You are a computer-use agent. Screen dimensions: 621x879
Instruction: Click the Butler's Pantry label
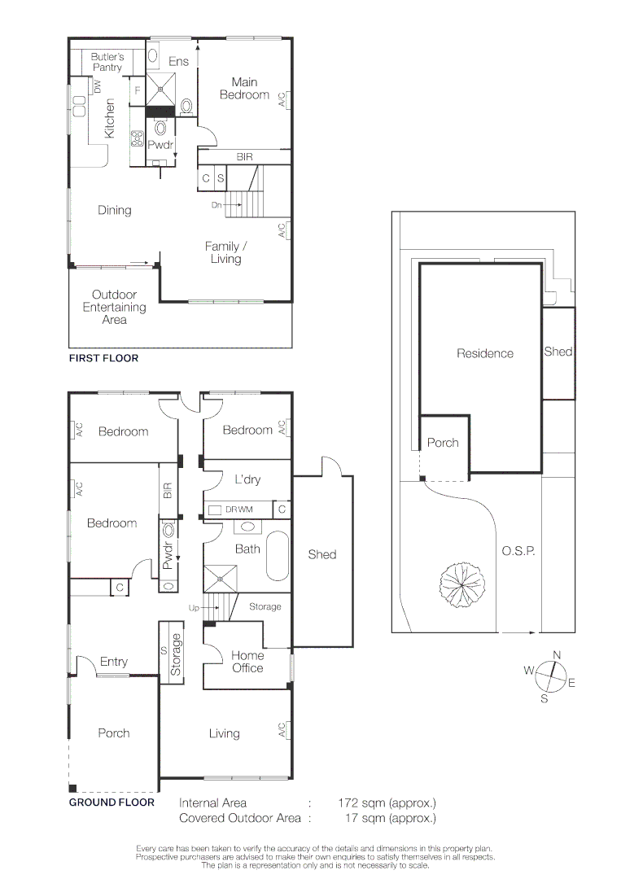107,62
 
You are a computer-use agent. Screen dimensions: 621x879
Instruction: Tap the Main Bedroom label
244,89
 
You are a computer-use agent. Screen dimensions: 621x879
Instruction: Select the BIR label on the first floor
244,157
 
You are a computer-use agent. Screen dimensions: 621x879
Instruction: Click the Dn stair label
216,205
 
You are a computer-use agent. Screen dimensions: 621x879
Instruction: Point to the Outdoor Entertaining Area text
114,307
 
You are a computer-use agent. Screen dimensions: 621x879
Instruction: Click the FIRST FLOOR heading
103,357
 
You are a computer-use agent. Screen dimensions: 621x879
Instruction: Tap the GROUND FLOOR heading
112,802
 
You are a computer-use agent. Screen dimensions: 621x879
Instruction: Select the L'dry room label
247,479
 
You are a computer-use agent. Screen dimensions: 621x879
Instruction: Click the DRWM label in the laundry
239,509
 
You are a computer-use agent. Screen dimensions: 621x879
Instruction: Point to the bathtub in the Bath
278,556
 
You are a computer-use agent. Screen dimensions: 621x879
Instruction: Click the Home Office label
247,662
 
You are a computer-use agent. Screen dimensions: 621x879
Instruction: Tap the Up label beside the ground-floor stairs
194,608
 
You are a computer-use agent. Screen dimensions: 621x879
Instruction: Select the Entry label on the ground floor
114,662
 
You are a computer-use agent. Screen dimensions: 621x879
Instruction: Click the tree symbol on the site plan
461,584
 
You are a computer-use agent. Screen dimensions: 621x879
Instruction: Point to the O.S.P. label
518,551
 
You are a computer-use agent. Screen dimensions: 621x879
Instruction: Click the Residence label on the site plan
485,353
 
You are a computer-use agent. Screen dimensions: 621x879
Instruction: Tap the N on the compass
557,654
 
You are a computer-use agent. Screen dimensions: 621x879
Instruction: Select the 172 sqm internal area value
387,802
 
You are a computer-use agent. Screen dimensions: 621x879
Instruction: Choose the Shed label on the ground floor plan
321,554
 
